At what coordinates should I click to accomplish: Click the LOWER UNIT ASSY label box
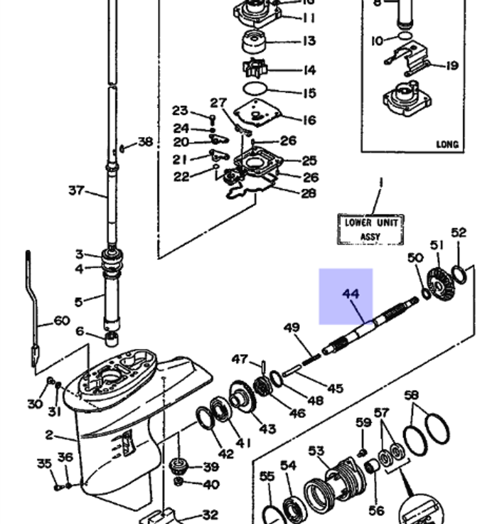pyautogui.click(x=370, y=229)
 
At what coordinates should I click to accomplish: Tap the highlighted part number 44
pyautogui.click(x=350, y=294)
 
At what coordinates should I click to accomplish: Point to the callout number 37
pyautogui.click(x=76, y=190)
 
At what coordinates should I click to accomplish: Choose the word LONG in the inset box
pyautogui.click(x=447, y=145)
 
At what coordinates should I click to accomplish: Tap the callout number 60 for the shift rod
pyautogui.click(x=61, y=321)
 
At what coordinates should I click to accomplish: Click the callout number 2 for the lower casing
pyautogui.click(x=49, y=434)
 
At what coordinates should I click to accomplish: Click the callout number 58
pyautogui.click(x=412, y=395)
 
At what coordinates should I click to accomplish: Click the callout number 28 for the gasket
pyautogui.click(x=308, y=193)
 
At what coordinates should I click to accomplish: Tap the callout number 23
pyautogui.click(x=180, y=111)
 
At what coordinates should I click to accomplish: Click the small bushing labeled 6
pyautogui.click(x=112, y=338)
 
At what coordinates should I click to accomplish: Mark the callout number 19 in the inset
pyautogui.click(x=451, y=65)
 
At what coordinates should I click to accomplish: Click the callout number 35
pyautogui.click(x=45, y=463)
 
